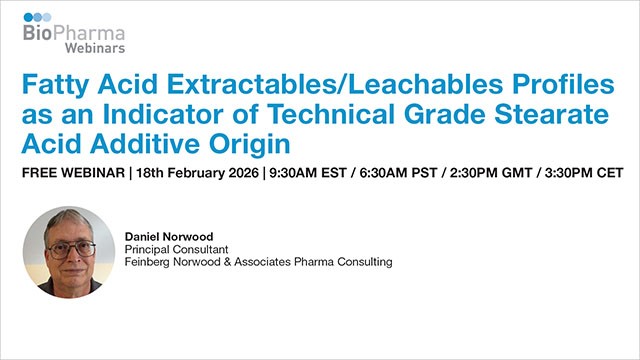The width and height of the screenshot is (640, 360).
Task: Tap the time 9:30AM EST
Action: point(300,174)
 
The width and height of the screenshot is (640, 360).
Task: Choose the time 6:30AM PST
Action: point(392,174)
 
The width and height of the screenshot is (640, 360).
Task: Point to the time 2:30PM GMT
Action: point(487,174)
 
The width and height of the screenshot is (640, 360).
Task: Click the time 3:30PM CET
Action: point(582,174)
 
